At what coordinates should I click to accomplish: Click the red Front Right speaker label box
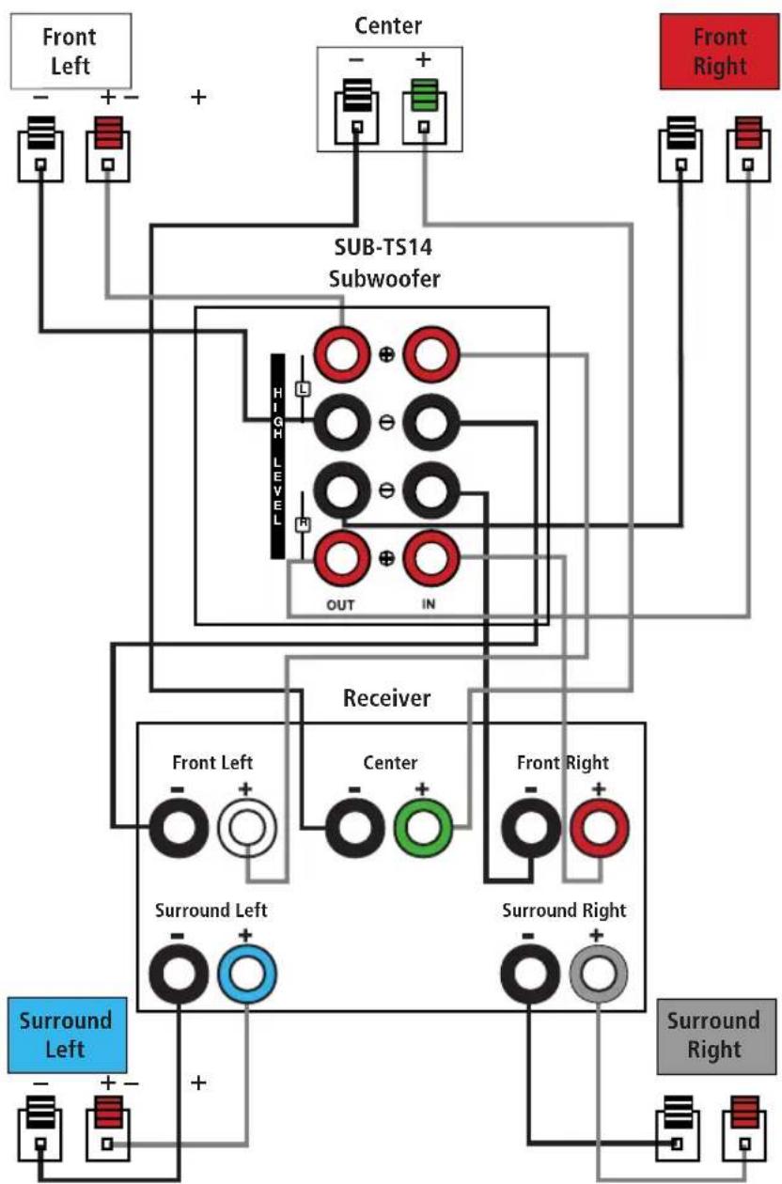(719, 52)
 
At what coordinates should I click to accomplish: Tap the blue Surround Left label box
(67, 1035)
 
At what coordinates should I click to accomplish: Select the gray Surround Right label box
(716, 1036)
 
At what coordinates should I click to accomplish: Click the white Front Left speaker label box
(70, 52)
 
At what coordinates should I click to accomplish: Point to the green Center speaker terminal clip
(424, 95)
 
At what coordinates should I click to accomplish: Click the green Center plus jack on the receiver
(423, 828)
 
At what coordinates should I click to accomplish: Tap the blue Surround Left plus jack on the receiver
(247, 974)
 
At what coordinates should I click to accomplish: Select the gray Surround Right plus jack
(599, 974)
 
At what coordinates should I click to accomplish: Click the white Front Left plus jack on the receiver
(247, 828)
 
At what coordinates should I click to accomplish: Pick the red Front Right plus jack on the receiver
(600, 828)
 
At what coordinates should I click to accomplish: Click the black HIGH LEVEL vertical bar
(277, 456)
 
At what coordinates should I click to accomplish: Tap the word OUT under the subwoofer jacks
(340, 605)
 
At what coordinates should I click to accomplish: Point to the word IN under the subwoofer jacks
(429, 604)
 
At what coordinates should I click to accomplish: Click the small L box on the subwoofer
(303, 390)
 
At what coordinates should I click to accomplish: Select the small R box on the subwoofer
(303, 523)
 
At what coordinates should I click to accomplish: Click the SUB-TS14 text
(383, 247)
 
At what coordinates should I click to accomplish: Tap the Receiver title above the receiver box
(386, 698)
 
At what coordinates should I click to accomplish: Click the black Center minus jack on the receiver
(354, 828)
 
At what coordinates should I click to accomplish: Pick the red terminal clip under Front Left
(108, 133)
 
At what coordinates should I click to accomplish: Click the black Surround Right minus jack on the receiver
(530, 974)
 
